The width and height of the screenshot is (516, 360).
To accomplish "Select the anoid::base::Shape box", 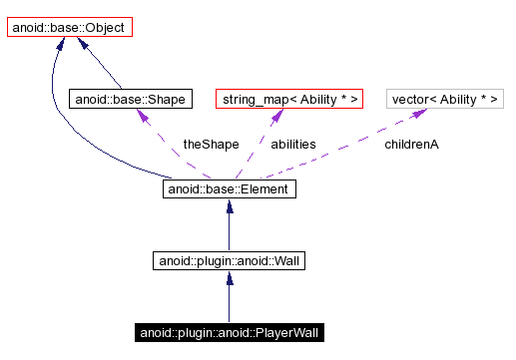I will pos(117,99).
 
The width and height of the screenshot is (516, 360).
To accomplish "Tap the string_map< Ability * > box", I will pos(289,99).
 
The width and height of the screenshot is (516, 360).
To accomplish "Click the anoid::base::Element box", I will pos(229,187).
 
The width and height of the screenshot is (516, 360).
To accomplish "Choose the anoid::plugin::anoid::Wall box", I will pos(229,261).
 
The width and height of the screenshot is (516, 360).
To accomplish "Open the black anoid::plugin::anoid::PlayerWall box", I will pos(229,332).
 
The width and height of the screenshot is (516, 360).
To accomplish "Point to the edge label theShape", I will pos(211,145).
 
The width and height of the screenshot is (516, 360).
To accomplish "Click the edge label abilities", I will pos(293,145).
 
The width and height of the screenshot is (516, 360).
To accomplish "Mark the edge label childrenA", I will pos(412,145).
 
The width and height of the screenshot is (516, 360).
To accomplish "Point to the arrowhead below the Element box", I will pos(229,206).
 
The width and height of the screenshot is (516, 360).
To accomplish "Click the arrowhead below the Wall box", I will pos(229,279).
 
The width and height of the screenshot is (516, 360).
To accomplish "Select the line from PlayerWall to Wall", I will pos(229,304).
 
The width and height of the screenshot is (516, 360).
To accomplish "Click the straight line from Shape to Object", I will pos(100,68).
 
